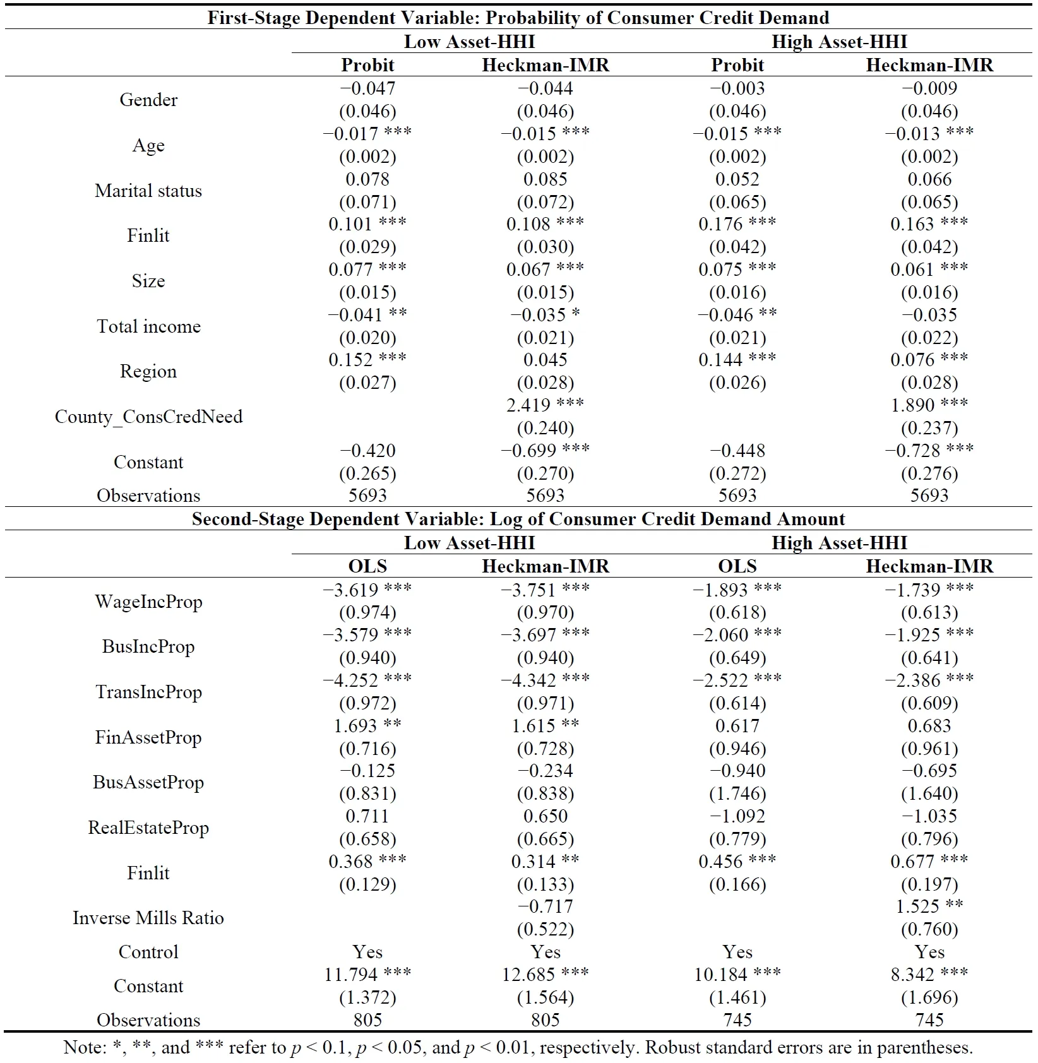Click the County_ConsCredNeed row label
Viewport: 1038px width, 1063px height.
pyautogui.click(x=148, y=417)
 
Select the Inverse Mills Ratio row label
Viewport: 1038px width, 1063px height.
pyautogui.click(x=148, y=918)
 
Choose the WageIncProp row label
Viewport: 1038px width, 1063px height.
pyautogui.click(x=148, y=602)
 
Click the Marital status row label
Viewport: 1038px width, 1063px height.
pyautogui.click(x=148, y=191)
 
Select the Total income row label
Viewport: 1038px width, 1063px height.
pyautogui.click(x=148, y=326)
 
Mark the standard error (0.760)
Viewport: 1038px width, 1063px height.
pyautogui.click(x=929, y=929)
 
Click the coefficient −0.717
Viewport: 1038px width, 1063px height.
pyautogui.click(x=546, y=906)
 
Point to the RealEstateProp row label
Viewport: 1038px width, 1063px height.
pyautogui.click(x=148, y=828)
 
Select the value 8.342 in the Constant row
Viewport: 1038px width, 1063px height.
pyautogui.click(x=912, y=975)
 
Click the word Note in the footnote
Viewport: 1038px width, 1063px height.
pyautogui.click(x=84, y=1048)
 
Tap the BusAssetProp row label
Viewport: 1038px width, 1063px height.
pyautogui.click(x=148, y=782)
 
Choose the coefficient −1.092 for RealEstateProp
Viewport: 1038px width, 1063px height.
pyautogui.click(x=737, y=816)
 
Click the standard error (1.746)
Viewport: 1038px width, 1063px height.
pyautogui.click(x=737, y=793)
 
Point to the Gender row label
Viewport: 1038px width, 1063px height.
pyautogui.click(x=148, y=100)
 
